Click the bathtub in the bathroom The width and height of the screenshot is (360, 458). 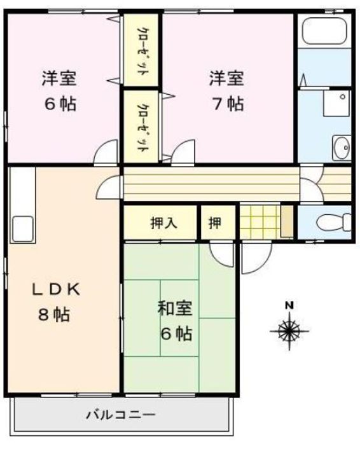tap(324, 31)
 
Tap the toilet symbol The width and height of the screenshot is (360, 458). tap(334, 222)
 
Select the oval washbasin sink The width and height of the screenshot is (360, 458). tap(342, 148)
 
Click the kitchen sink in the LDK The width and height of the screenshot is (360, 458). tap(22, 229)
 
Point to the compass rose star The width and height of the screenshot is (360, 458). tap(289, 331)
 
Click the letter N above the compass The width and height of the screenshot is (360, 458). tap(289, 305)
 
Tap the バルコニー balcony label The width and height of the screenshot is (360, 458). tap(120, 415)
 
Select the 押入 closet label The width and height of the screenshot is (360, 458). tap(163, 223)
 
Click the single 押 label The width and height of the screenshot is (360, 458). tap(215, 223)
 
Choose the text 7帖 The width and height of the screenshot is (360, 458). tap(228, 104)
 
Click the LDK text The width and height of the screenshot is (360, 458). tap(55, 289)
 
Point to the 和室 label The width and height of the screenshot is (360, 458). tap(175, 309)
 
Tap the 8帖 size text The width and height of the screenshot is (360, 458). tap(54, 315)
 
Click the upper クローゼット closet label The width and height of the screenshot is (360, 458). tap(142, 52)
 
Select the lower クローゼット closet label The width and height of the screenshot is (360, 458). tap(142, 127)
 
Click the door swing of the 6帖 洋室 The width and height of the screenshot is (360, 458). tap(106, 151)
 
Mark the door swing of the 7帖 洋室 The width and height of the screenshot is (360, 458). tap(183, 151)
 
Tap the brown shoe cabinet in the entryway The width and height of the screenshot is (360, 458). tap(287, 221)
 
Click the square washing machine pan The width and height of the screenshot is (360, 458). tap(336, 103)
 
